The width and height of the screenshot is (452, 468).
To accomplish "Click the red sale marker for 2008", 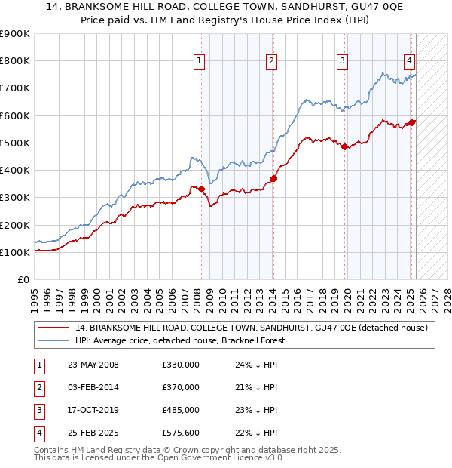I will (202, 189).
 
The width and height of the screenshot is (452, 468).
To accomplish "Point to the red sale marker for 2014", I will (273, 178).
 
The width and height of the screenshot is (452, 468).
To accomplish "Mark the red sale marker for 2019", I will (344, 146).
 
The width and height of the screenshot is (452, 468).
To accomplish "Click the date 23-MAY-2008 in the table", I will (93, 365).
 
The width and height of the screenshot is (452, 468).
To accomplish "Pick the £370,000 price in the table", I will (181, 387).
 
